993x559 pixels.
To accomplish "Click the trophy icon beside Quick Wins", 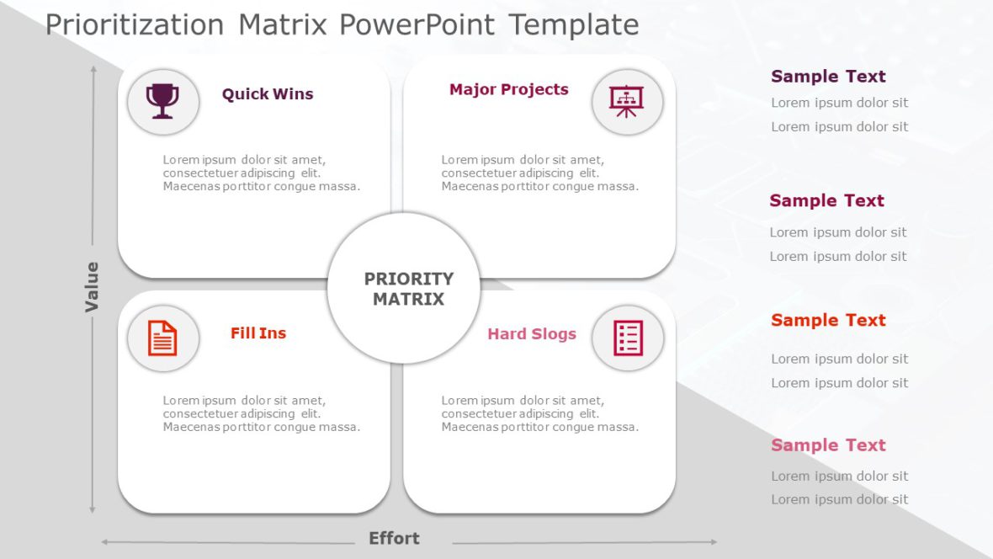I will [162, 102].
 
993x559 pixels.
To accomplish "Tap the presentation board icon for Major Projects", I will [627, 102].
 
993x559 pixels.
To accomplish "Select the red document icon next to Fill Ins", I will [162, 338].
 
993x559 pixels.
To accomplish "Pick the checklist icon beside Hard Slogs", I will [628, 338].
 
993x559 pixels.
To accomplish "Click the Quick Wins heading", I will [268, 94].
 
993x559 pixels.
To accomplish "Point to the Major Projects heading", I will [508, 89].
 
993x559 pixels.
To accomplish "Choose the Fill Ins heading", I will [258, 333].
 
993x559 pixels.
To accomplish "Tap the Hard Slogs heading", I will [532, 334].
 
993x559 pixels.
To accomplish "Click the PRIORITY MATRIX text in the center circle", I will [408, 289].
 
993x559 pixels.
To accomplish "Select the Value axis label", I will [92, 287].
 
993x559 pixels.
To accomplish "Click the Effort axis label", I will [394, 539].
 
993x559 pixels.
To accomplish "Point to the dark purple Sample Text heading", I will [828, 77].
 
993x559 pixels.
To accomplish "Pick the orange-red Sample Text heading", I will [828, 321].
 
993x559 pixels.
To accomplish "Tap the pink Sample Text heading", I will [828, 445].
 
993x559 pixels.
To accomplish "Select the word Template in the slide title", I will [573, 24].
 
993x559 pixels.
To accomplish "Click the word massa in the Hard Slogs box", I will [619, 427].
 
